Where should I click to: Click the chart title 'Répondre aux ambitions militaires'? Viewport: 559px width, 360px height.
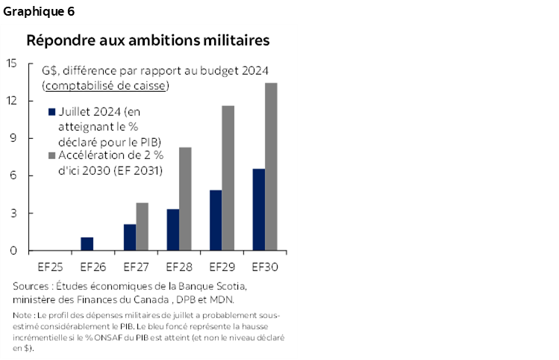click(x=148, y=40)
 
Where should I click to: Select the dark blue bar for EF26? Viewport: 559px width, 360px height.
click(x=87, y=244)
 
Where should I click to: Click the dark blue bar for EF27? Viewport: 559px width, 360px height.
click(x=130, y=238)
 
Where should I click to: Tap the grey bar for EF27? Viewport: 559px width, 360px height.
click(x=142, y=227)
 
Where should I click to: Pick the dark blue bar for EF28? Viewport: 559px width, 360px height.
click(x=172, y=230)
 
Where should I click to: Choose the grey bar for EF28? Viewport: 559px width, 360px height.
click(x=185, y=199)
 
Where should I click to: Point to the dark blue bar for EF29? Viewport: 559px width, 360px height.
click(x=215, y=220)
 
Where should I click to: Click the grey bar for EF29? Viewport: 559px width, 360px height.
click(x=228, y=179)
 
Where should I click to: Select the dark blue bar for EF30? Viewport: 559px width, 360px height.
click(x=258, y=210)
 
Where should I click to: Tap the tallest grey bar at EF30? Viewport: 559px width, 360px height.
click(x=271, y=167)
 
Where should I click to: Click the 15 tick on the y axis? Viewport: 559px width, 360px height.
click(x=12, y=63)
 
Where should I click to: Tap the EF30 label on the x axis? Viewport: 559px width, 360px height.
click(x=265, y=266)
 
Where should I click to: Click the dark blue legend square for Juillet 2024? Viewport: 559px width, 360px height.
click(x=51, y=112)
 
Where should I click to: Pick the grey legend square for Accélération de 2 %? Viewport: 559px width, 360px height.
click(x=51, y=156)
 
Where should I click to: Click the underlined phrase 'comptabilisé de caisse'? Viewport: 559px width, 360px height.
click(x=104, y=86)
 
